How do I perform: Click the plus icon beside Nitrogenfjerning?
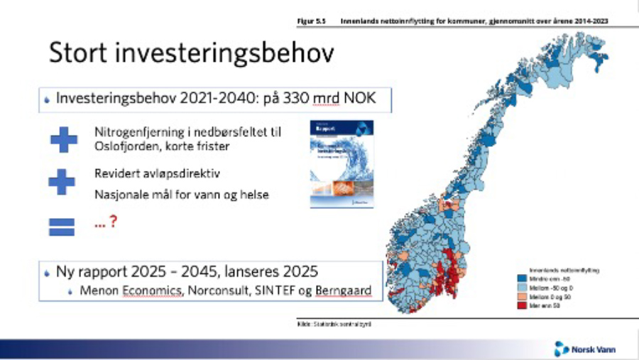coord(63,140)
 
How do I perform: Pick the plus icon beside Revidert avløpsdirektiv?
coord(62,181)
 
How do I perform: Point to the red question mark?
coord(112,222)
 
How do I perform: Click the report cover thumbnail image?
coord(342,164)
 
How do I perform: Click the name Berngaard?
coord(346,291)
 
